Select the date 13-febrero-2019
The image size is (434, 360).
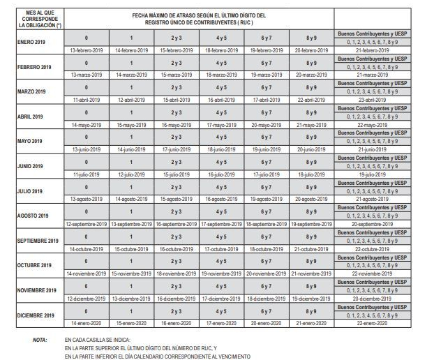[x=87, y=51]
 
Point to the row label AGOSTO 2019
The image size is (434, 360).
[x=31, y=216]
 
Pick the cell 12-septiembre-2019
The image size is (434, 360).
[x=87, y=224]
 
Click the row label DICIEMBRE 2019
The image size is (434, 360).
[x=36, y=315]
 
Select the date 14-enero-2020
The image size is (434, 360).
[x=87, y=323]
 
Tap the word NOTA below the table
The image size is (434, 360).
[x=40, y=340]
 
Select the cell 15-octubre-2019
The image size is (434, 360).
[x=132, y=249]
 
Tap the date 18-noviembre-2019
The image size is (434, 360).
[x=177, y=273]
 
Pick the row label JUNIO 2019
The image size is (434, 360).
[x=30, y=166]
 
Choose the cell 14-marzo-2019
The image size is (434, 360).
[x=132, y=75]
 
